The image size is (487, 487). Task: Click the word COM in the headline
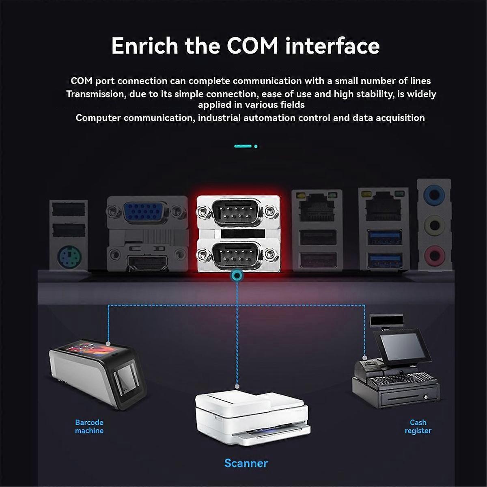point(252,45)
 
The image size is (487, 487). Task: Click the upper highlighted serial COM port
point(237,211)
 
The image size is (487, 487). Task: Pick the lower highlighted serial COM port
point(237,254)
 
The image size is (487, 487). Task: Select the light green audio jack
point(434,225)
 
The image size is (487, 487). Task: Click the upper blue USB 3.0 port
point(385,237)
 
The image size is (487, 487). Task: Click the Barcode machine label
point(89,427)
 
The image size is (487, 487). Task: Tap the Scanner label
point(246,463)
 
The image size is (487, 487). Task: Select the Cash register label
point(418,427)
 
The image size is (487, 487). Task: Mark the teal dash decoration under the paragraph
point(243,146)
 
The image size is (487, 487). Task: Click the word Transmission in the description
point(94,94)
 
